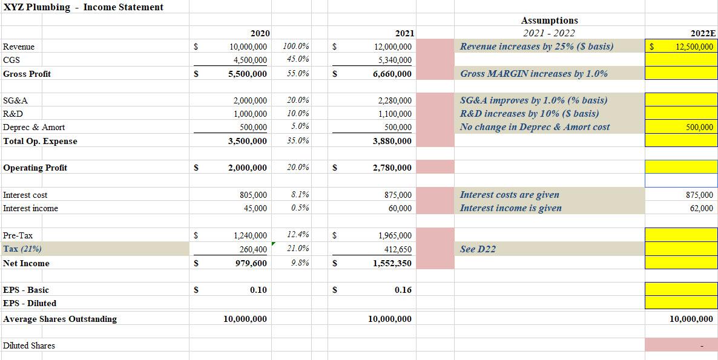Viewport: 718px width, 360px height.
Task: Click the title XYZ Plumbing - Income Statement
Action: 83,7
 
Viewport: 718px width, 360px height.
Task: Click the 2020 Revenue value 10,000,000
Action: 248,47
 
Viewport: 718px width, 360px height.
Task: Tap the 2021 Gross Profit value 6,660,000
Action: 392,74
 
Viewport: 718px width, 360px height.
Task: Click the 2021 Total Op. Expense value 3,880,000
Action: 392,141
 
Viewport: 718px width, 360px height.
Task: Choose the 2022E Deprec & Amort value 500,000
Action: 699,127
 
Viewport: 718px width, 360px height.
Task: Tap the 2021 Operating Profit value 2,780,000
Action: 392,168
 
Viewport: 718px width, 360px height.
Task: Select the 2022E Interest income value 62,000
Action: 701,208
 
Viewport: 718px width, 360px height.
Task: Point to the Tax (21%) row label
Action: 22,249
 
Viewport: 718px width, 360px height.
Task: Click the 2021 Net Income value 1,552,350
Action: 392,263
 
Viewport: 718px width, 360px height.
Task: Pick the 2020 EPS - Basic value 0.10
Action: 259,290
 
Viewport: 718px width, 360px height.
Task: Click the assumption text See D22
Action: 478,249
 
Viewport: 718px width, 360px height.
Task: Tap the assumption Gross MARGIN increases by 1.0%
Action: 533,74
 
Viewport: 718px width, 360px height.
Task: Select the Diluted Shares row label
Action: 28,345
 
